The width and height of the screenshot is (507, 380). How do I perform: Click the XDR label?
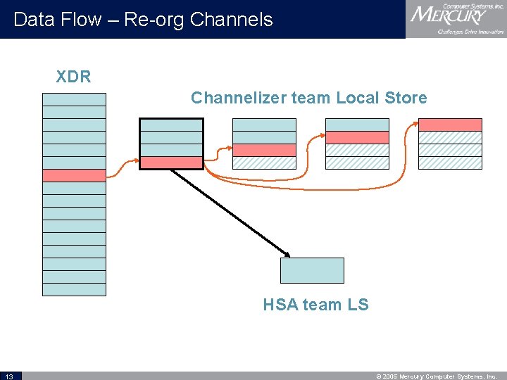click(x=74, y=77)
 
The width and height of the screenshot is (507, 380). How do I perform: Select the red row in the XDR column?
click(x=74, y=176)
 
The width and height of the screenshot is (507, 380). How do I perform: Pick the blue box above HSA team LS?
click(x=312, y=270)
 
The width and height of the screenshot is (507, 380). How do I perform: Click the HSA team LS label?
click(x=315, y=305)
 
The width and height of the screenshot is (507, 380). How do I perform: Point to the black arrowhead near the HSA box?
click(x=287, y=253)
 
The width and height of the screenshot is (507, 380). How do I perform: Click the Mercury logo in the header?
click(x=456, y=19)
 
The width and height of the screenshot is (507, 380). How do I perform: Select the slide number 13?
click(x=10, y=376)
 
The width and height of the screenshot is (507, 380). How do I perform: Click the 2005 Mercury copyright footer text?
click(x=437, y=376)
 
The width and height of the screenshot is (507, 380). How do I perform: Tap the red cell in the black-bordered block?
click(x=171, y=163)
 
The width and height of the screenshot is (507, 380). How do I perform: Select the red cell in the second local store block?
click(x=264, y=150)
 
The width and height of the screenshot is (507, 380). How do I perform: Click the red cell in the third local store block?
click(x=357, y=137)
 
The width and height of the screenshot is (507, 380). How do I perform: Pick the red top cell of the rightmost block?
click(x=450, y=125)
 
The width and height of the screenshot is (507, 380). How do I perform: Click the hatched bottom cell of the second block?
click(x=264, y=163)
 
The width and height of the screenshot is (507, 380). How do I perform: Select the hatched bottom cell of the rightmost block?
click(x=450, y=163)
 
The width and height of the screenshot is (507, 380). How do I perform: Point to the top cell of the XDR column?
click(x=74, y=99)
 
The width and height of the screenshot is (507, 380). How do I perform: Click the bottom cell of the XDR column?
click(x=74, y=289)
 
